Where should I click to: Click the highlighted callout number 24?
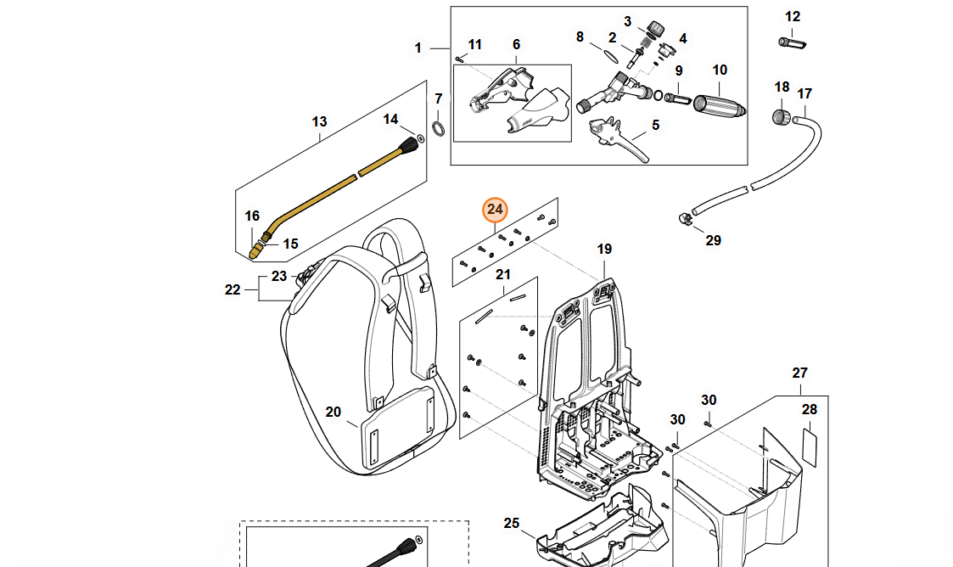coord(495,210)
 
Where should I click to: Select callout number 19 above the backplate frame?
coord(603,250)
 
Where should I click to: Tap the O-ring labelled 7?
coord(439,128)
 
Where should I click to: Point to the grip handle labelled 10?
coord(719,105)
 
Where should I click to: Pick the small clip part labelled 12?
coord(792,42)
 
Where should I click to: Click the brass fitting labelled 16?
coord(256,250)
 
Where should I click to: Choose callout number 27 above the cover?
coord(800,373)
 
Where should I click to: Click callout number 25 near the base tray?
coord(511,523)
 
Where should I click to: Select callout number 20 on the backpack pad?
coord(333,413)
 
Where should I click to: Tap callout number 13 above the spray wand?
coord(319,122)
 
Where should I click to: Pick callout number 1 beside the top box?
coord(418,48)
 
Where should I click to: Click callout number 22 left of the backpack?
coord(233,289)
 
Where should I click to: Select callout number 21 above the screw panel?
coord(503,274)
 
